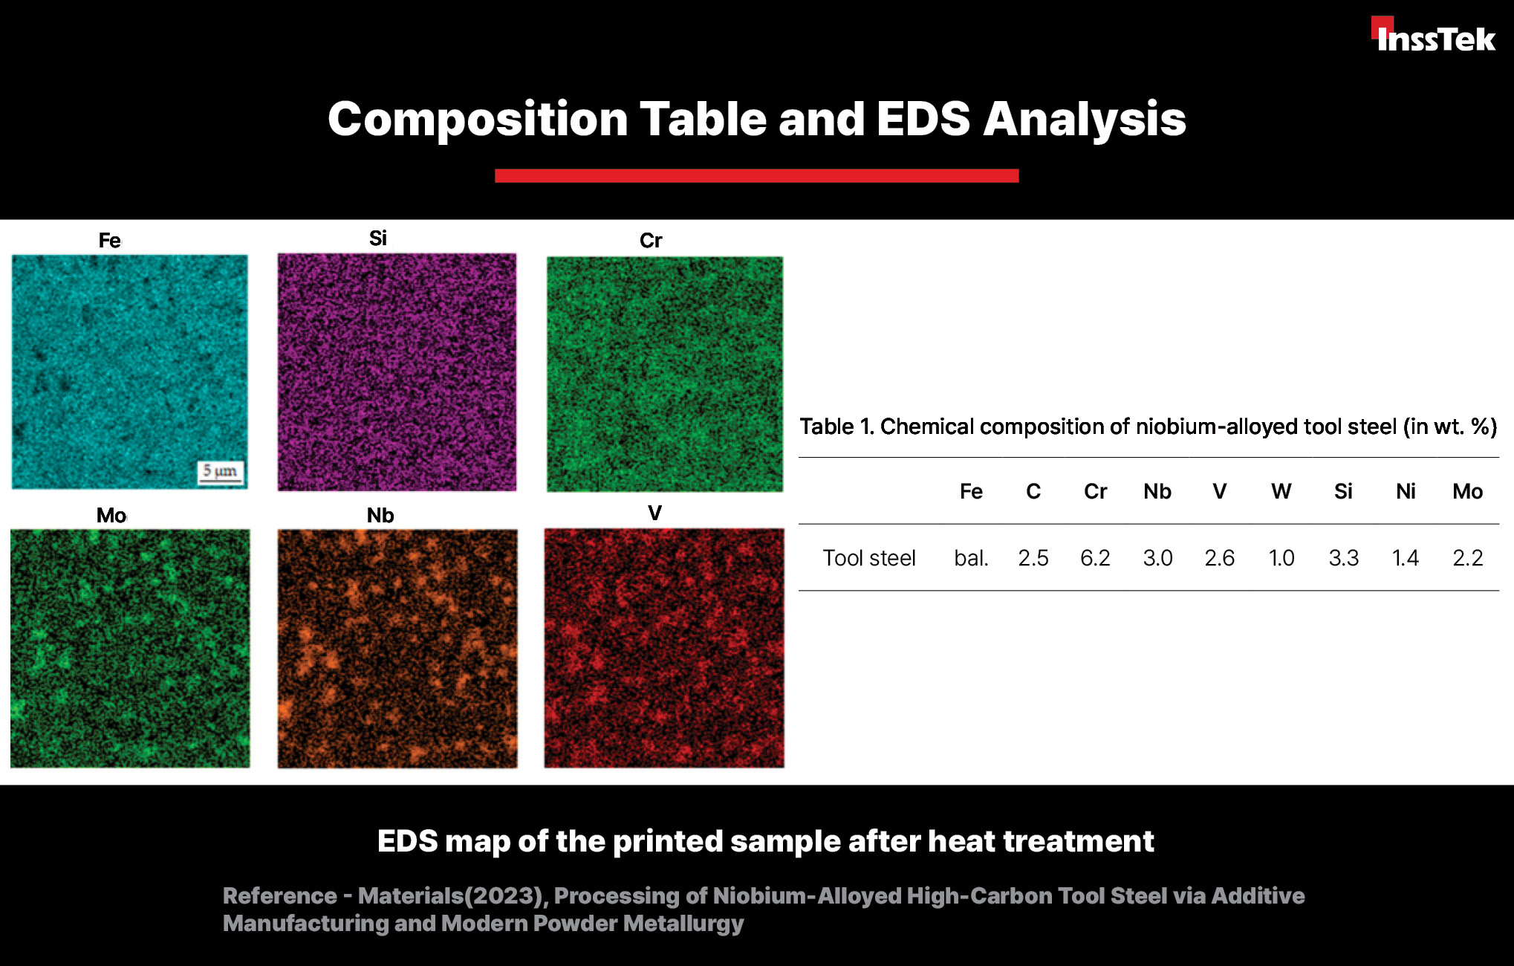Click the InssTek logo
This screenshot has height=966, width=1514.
1433,35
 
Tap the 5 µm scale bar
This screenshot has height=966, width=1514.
221,473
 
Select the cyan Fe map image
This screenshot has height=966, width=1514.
130,372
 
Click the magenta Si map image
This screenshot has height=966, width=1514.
397,372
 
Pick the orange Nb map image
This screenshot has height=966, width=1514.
397,648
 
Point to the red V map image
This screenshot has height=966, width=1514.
664,648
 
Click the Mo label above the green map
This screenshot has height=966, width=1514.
111,515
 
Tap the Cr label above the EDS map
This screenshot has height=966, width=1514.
651,240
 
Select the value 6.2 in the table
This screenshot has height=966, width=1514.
1095,558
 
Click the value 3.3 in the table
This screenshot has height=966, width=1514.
1343,558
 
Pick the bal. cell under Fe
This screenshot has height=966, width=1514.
971,558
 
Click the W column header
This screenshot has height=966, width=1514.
1281,491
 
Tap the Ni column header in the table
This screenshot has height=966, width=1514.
1406,491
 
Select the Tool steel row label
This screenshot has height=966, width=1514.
869,558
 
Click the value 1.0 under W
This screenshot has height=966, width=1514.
1281,558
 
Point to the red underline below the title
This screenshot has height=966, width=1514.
757,175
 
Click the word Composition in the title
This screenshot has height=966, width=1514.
478,120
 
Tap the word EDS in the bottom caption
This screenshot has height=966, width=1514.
408,841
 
